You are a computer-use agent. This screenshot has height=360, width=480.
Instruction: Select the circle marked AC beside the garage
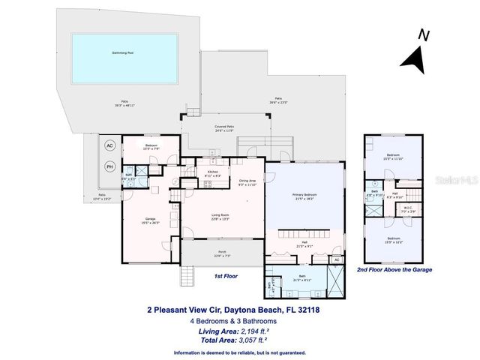(x=109, y=145)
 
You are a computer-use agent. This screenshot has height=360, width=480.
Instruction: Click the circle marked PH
(x=109, y=166)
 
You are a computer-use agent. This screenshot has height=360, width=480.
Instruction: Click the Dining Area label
(x=247, y=181)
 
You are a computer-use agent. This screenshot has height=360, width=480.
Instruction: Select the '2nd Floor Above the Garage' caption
(x=394, y=268)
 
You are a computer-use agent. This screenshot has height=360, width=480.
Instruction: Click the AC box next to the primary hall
(x=337, y=259)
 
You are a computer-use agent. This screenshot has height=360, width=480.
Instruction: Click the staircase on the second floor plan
(x=405, y=184)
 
